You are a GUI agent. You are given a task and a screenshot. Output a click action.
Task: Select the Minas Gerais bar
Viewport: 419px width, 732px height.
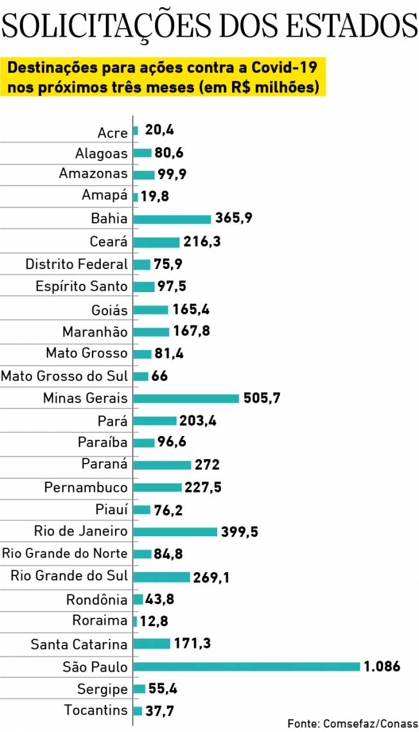click(x=186, y=398)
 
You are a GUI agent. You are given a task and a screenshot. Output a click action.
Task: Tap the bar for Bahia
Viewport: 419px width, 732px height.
click(x=172, y=219)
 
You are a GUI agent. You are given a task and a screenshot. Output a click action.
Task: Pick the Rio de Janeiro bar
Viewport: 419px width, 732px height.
click(x=175, y=532)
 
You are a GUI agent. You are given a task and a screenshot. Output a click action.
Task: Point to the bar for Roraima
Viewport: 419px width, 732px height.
click(x=135, y=622)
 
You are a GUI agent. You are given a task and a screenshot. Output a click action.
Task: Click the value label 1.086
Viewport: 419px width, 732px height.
click(x=382, y=667)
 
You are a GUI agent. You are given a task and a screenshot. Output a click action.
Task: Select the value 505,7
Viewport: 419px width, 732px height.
click(x=262, y=398)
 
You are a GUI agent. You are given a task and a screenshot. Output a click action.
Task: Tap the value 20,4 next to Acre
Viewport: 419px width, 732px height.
click(x=159, y=130)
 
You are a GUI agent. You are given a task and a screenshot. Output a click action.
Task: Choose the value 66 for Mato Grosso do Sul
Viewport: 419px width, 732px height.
click(x=160, y=376)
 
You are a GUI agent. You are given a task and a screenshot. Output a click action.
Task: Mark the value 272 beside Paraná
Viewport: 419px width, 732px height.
click(x=208, y=464)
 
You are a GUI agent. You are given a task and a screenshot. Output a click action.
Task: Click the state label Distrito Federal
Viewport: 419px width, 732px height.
click(x=76, y=264)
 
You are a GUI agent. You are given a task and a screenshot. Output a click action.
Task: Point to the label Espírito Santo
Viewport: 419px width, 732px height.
click(x=82, y=286)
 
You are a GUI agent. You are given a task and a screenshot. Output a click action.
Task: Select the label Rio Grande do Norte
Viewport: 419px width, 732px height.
click(x=65, y=553)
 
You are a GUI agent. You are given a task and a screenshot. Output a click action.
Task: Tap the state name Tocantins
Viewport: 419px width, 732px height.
click(x=96, y=710)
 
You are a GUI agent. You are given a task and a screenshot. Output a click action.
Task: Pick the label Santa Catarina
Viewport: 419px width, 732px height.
click(x=79, y=644)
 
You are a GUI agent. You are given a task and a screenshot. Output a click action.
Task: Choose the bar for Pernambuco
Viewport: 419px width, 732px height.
click(x=157, y=487)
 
